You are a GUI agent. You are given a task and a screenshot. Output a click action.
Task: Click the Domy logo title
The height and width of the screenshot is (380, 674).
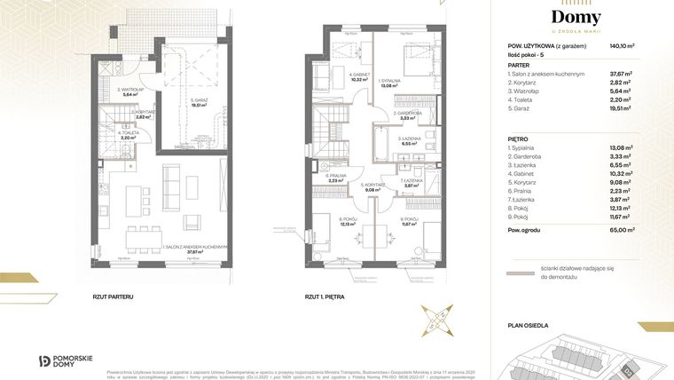pyautogui.click(x=576, y=18)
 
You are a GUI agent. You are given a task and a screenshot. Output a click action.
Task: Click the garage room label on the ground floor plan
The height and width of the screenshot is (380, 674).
pyautogui.click(x=205, y=100)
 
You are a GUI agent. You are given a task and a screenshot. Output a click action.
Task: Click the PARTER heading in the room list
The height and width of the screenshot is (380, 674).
pyautogui.click(x=520, y=64)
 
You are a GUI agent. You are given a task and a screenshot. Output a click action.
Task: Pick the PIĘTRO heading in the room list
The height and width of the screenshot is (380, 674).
pyautogui.click(x=520, y=139)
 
